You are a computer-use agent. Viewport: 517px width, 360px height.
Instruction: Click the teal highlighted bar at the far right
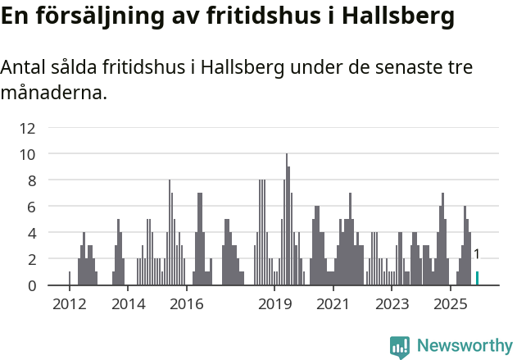(x=478, y=278)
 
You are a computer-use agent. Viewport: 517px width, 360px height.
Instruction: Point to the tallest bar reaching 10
(x=287, y=220)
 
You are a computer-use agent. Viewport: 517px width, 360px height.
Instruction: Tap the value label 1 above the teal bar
(x=477, y=255)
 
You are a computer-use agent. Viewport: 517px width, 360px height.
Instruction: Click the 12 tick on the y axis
(x=27, y=128)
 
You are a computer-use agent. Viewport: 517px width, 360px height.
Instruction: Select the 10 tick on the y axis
(x=27, y=154)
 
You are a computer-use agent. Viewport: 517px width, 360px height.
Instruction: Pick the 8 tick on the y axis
(x=30, y=180)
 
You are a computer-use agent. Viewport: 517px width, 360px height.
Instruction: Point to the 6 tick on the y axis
(x=30, y=207)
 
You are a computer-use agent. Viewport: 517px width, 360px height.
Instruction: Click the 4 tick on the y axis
(x=30, y=233)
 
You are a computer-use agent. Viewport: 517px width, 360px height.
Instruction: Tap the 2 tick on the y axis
(x=30, y=259)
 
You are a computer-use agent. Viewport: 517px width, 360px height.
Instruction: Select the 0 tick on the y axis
(x=30, y=285)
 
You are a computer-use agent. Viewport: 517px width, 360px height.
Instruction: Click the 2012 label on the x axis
(x=69, y=305)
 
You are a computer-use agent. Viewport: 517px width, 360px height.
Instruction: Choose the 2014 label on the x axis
(x=127, y=305)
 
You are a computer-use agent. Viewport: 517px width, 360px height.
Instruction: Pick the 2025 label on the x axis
(x=450, y=305)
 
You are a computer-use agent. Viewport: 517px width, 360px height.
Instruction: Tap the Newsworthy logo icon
(x=400, y=346)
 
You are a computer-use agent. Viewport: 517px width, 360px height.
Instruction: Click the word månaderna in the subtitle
(x=53, y=93)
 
